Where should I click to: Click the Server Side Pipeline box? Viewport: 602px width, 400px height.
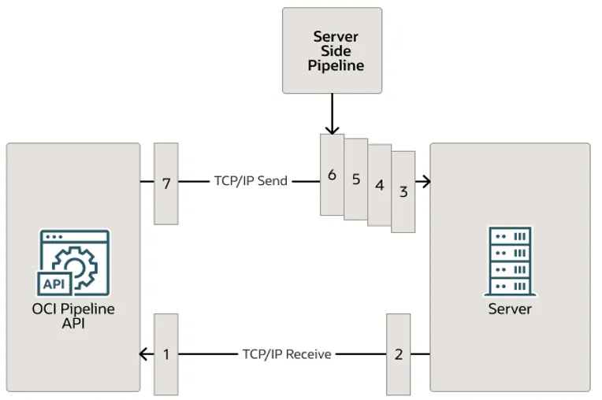click(332, 50)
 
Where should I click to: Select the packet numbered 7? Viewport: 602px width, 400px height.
click(166, 183)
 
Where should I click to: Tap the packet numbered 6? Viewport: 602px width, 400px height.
click(332, 175)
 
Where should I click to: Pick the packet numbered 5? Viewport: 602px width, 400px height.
click(356, 180)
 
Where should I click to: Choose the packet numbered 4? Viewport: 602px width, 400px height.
click(380, 186)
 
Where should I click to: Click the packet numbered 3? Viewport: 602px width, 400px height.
click(403, 191)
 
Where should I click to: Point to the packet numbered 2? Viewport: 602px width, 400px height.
click(398, 354)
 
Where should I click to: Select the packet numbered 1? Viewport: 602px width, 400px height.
click(166, 354)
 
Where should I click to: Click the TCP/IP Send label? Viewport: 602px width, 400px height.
click(251, 181)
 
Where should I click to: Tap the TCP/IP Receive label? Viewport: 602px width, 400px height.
click(286, 354)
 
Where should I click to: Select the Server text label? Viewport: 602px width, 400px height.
click(510, 309)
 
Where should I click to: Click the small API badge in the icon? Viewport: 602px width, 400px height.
click(54, 283)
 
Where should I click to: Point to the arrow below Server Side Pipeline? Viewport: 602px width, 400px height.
click(332, 114)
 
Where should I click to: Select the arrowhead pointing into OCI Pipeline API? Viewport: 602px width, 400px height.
click(144, 354)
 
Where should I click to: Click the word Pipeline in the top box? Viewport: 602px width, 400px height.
click(336, 65)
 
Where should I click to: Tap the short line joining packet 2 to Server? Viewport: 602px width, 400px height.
click(420, 354)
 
